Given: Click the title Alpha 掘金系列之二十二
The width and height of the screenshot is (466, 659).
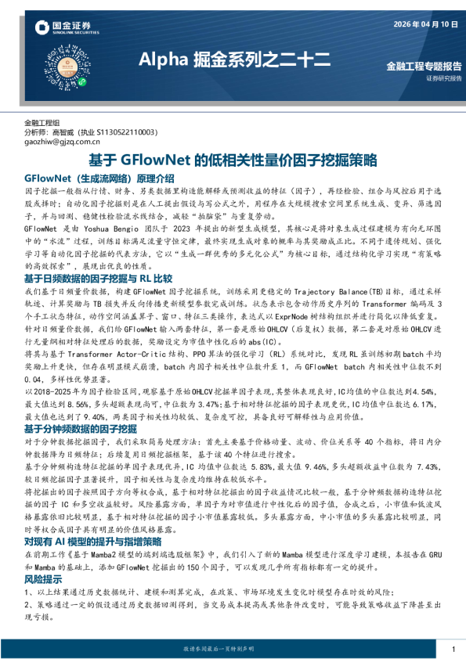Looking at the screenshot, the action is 234,59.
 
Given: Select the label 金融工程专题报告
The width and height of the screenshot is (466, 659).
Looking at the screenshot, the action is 424,66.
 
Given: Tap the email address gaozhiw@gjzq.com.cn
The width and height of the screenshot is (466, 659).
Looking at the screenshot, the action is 63,142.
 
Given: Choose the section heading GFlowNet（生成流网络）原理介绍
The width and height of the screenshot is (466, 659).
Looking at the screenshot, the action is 99,178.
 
